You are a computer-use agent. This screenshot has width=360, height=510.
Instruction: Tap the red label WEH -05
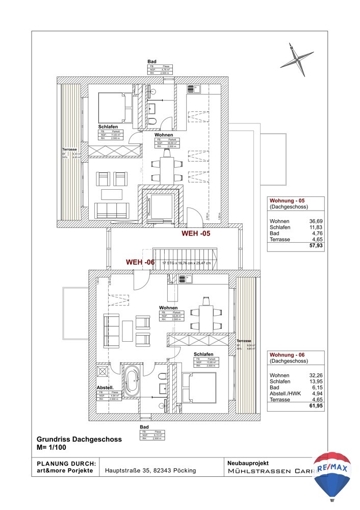coord(196,234)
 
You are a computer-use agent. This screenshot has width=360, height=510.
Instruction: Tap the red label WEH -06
coord(141,262)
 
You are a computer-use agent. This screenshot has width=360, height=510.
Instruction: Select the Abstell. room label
coord(105,387)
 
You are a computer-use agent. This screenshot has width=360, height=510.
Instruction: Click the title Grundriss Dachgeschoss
coord(79,439)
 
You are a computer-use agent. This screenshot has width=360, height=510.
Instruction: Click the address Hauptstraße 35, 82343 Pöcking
coord(150,471)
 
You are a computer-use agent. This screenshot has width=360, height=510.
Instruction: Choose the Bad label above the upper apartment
coord(151,61)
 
